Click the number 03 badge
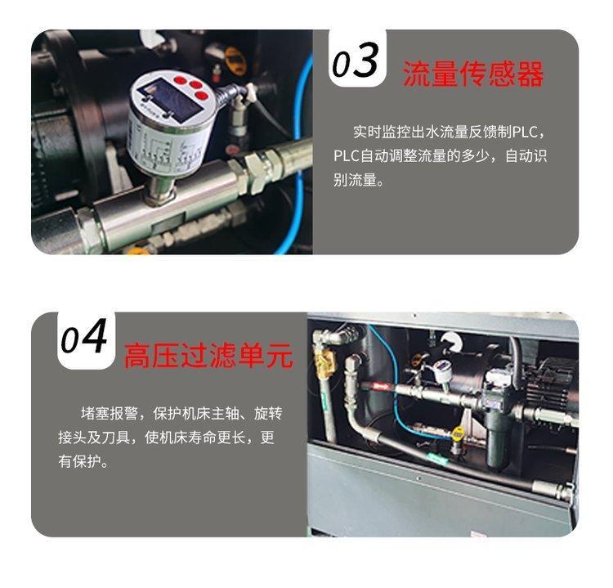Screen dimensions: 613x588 tap(357, 59)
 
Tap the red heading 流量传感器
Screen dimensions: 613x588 tap(473, 74)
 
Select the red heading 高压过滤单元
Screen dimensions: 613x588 tap(208, 355)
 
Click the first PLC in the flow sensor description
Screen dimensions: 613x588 tap(525, 132)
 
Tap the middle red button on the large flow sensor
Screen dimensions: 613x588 tap(195, 85)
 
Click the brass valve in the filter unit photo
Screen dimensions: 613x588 tap(324, 361)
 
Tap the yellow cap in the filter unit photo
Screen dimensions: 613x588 tap(458, 433)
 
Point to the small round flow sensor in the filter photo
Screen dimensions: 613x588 tap(442, 369)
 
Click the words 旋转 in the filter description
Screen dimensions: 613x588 tap(268, 413)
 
